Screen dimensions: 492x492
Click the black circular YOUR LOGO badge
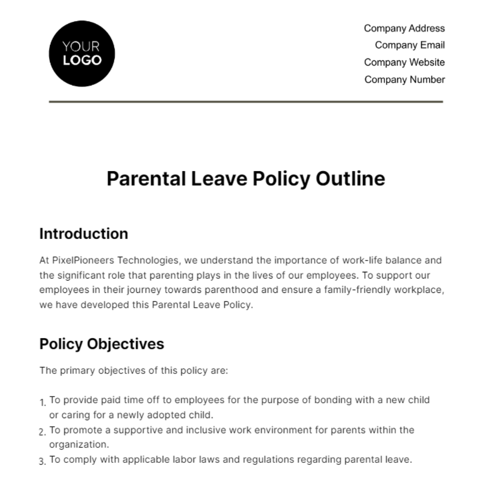tap(82, 53)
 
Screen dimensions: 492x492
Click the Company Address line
tap(404, 28)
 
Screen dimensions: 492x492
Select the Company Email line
tap(409, 45)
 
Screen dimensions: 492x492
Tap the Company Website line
tap(404, 62)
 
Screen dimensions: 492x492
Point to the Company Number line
tap(404, 80)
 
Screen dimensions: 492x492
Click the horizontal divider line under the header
tap(246, 101)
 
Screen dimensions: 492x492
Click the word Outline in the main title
tap(350, 179)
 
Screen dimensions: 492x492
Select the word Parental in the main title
tap(146, 179)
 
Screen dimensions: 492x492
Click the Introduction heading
tap(84, 234)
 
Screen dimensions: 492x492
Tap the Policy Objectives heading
tap(102, 344)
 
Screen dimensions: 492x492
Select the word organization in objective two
tap(79, 444)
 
